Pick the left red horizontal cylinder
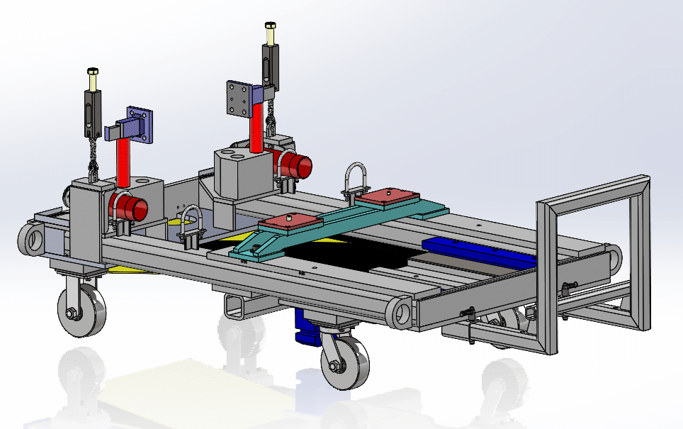click(130, 208)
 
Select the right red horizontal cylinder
click(295, 166)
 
